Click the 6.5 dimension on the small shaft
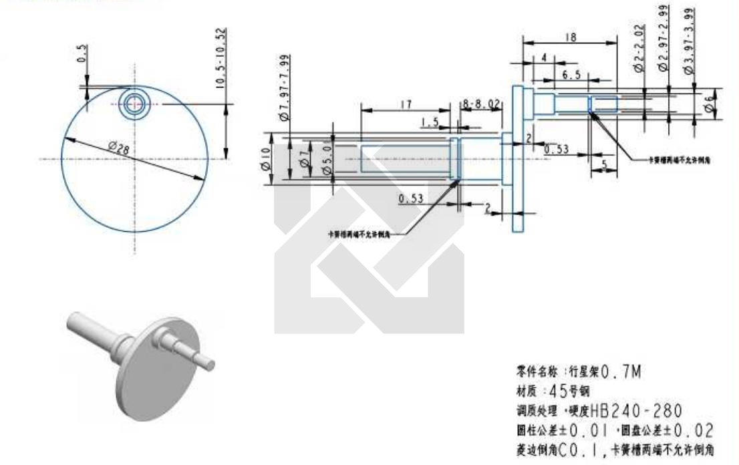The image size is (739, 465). pyautogui.click(x=571, y=75)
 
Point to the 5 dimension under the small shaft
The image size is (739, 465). pyautogui.click(x=604, y=165)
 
